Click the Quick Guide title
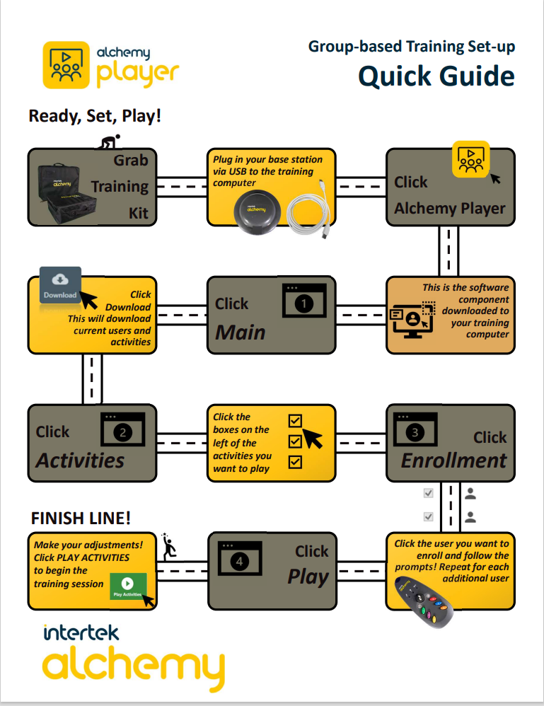[436, 76]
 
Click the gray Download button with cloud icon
[60, 285]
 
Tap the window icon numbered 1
[303, 303]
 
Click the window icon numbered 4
[241, 560]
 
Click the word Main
[241, 332]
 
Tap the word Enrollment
[453, 461]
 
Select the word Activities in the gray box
[80, 461]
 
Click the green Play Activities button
[128, 587]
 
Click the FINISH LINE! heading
[81, 519]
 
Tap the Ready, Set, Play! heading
[95, 115]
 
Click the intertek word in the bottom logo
[81, 632]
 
